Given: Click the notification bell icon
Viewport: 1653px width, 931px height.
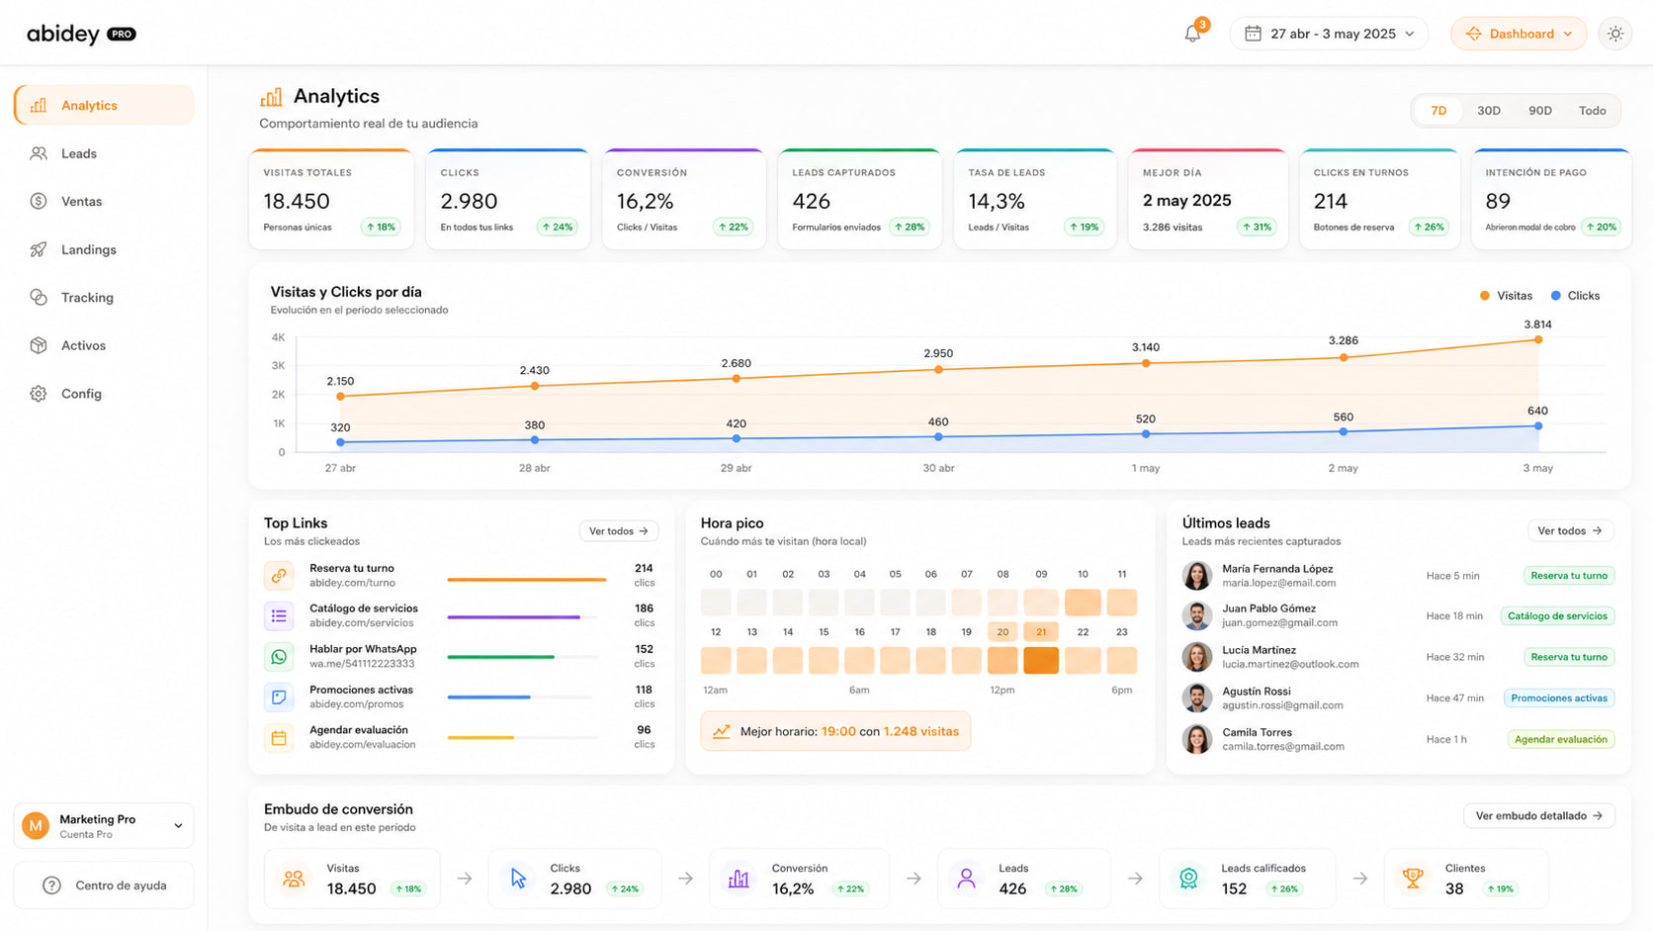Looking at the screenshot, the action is click(1191, 34).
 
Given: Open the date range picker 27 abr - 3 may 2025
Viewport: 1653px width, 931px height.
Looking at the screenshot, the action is click(1329, 34).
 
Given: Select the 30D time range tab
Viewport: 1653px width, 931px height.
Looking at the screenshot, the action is click(1489, 111).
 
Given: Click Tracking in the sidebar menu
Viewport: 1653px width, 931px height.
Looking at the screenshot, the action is click(87, 298).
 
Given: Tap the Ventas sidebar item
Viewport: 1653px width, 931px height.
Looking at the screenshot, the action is click(81, 202).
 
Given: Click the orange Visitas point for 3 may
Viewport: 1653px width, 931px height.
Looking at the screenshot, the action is click(1538, 339).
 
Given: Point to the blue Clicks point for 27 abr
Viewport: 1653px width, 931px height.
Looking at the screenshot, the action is click(340, 442).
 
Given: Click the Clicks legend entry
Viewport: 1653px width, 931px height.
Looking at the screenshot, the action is click(1576, 295).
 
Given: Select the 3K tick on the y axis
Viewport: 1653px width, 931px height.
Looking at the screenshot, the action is click(278, 365).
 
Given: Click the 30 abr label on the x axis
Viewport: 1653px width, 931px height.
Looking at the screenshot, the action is click(938, 468).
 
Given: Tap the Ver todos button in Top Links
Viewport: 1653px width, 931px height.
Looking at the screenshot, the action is click(619, 531).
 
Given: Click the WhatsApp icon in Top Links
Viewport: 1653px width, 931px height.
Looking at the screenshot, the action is click(279, 656).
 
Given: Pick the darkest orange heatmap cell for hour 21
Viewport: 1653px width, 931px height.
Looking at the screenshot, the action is click(1040, 660).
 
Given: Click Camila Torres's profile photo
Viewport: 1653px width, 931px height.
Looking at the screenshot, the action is click(1196, 739).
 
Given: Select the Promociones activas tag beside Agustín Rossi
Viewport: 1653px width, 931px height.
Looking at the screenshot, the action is click(1558, 698).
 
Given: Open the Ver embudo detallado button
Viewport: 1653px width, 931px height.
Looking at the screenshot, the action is click(1538, 816).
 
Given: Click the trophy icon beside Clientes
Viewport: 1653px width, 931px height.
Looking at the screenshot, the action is click(1413, 878).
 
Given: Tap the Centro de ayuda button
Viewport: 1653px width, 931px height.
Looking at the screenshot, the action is click(104, 885).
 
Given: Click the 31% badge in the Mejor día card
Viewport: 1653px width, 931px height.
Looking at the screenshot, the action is click(1256, 228).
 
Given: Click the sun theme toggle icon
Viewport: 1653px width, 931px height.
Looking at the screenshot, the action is click(1615, 34).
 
